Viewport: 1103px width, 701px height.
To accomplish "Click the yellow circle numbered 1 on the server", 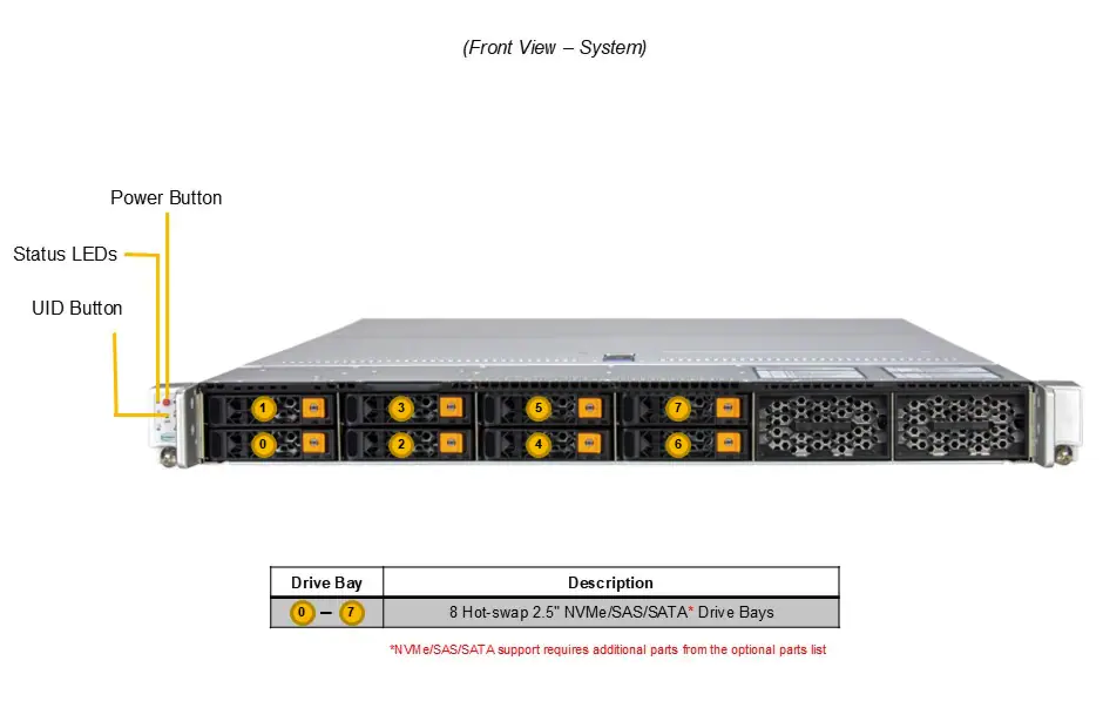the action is point(263,408).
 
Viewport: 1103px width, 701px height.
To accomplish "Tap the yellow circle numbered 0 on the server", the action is point(263,444).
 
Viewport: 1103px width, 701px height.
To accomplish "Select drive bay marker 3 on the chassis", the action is point(401,408).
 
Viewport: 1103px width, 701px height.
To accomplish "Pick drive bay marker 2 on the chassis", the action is point(401,444).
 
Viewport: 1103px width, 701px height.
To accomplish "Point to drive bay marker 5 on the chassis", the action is point(539,408).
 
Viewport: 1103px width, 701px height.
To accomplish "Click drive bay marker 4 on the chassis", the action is point(539,444).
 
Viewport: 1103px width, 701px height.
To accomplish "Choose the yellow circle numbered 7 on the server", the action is point(678,408).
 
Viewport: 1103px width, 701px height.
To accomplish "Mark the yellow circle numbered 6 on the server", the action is point(678,444).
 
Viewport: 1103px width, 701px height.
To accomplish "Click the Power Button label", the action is point(166,198).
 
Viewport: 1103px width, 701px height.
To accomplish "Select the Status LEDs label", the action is point(65,254).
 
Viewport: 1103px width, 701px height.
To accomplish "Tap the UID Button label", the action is point(77,308).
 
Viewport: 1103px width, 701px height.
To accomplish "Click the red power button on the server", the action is point(167,403).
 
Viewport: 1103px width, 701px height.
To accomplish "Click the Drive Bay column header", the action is point(327,583).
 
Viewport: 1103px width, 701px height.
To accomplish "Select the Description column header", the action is point(611,583).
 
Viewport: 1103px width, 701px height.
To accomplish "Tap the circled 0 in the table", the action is point(302,613).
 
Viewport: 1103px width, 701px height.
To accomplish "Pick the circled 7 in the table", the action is point(351,613).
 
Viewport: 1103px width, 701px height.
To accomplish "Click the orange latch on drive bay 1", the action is point(313,407).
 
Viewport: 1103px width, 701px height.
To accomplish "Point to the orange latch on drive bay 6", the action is point(728,442).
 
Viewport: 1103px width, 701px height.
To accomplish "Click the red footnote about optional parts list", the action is point(608,650).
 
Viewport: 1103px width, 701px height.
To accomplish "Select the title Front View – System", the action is point(554,48).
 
